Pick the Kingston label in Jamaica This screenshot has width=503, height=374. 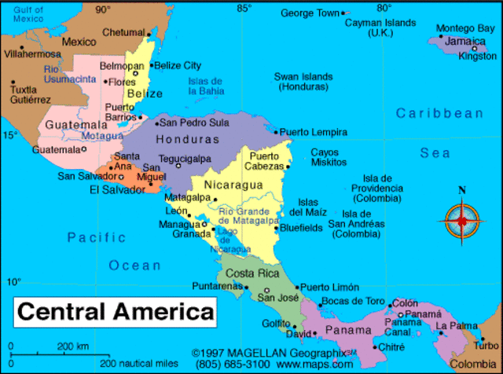click(478, 57)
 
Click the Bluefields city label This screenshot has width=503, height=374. click(301, 228)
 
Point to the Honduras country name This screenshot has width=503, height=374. click(187, 139)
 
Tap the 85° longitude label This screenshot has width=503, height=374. click(244, 9)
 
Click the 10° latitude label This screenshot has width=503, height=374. click(13, 281)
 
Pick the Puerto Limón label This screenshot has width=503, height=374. click(330, 288)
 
